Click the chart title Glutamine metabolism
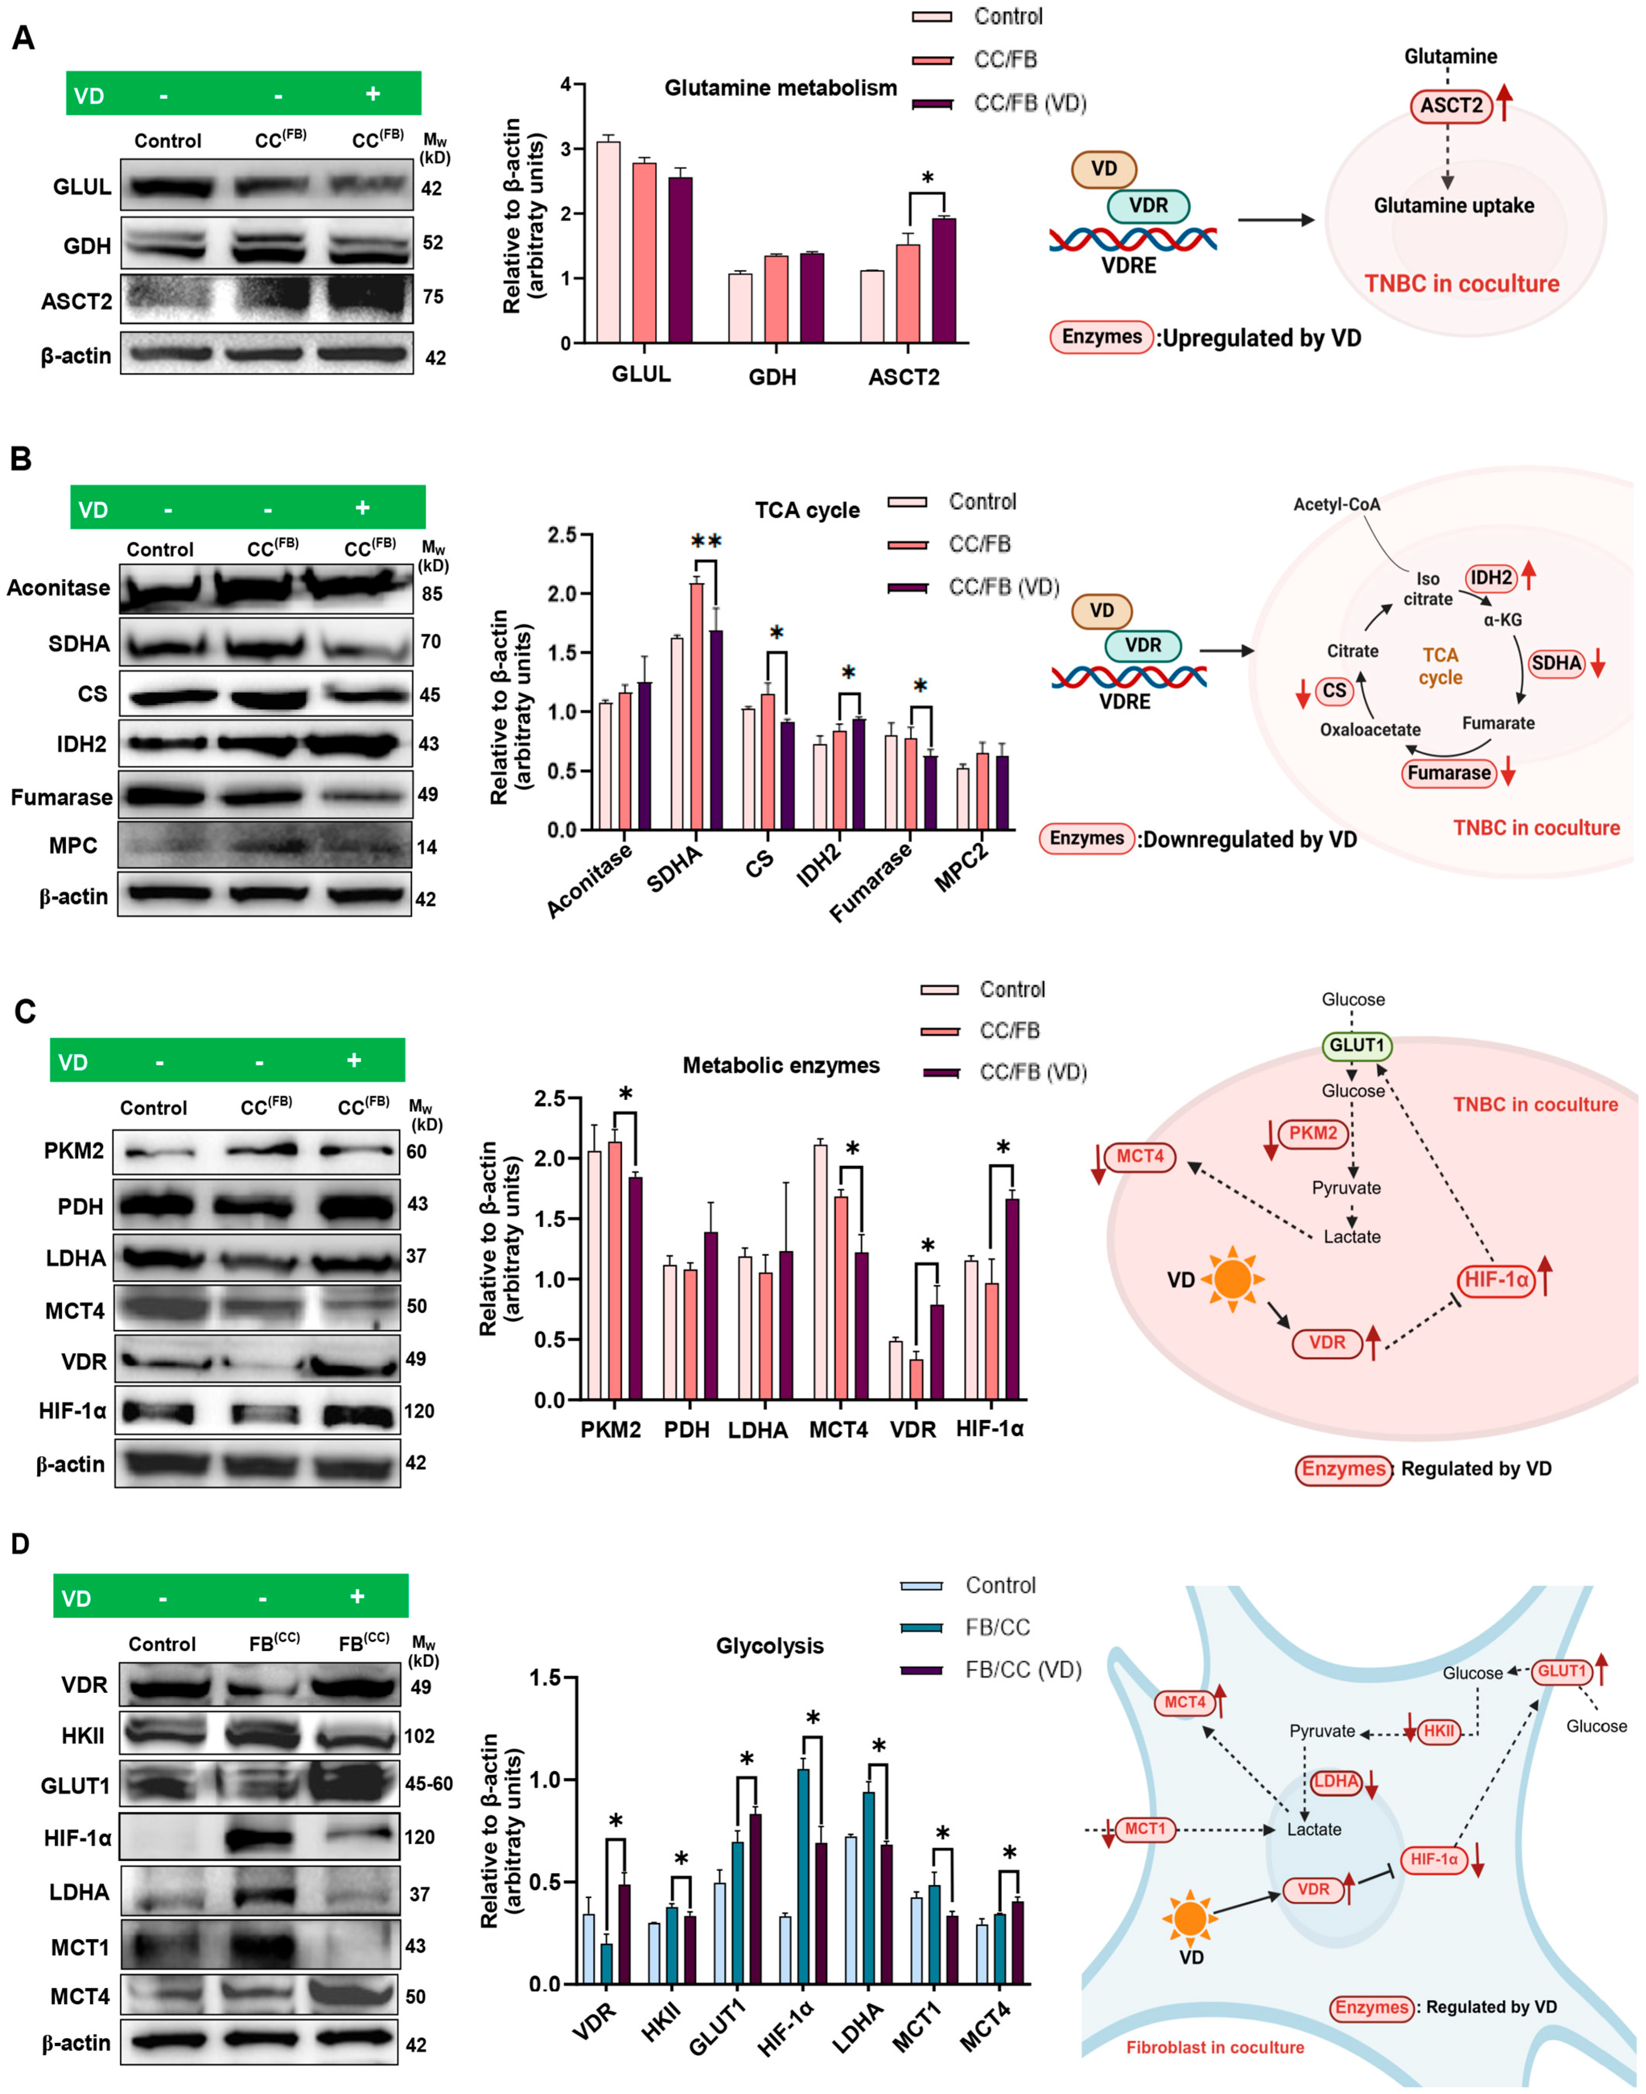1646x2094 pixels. [x=780, y=89]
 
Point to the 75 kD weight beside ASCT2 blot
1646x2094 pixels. [x=434, y=297]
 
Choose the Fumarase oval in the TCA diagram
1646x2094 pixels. [x=1448, y=773]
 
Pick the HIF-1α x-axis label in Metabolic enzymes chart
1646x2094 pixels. [x=990, y=1429]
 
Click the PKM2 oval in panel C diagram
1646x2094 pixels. [x=1313, y=1133]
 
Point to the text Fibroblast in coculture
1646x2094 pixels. [x=1215, y=2047]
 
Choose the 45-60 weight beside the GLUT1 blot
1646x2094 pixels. [x=429, y=1784]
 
